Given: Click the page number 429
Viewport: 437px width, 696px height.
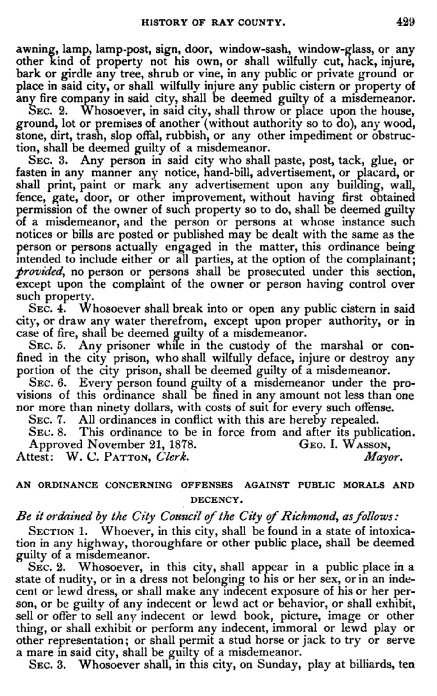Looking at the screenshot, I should click(x=405, y=22).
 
